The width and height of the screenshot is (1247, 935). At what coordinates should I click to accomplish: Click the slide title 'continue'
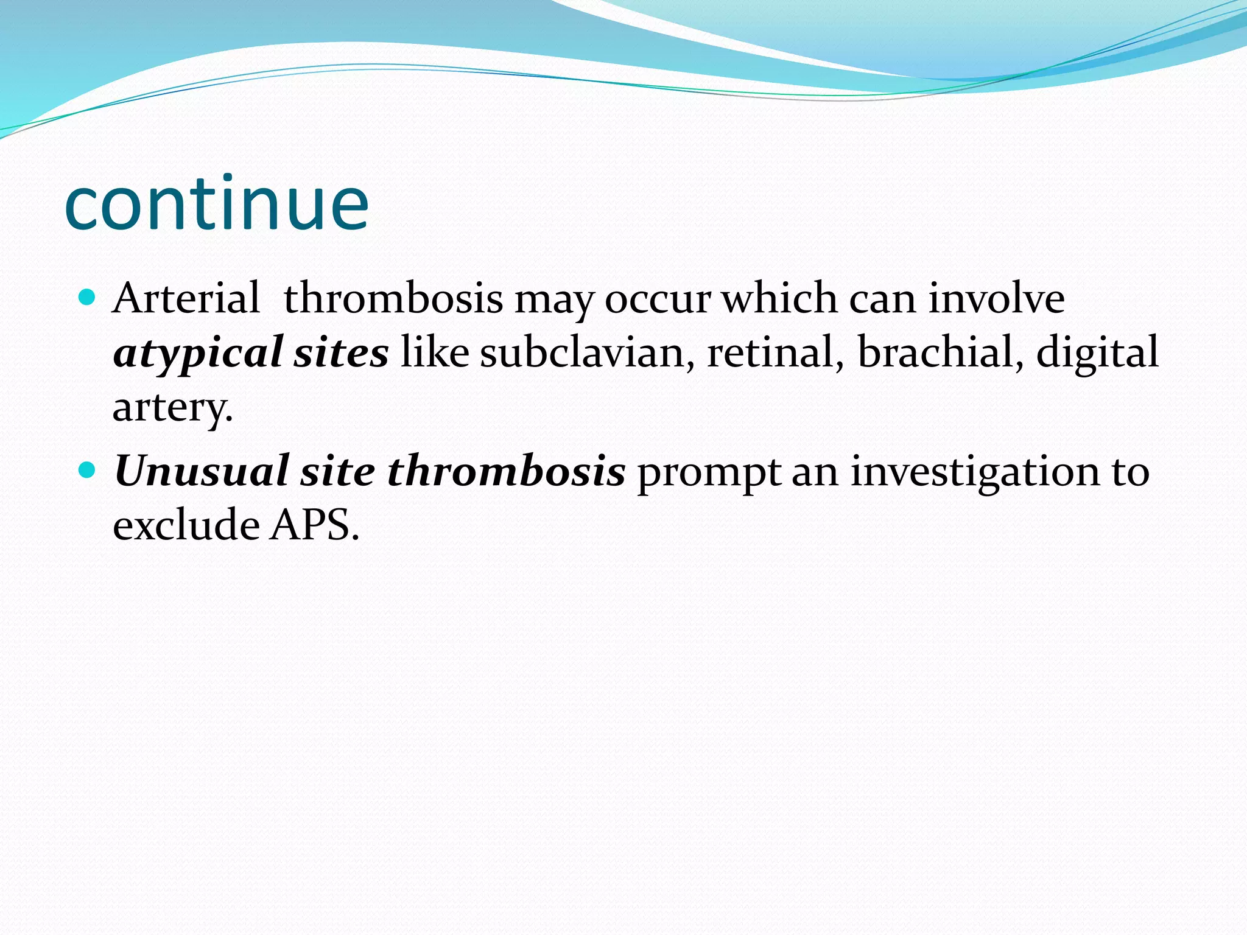point(216,204)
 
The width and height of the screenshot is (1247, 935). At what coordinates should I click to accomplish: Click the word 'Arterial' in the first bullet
point(186,298)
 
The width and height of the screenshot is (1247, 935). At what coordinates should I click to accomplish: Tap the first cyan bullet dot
point(88,298)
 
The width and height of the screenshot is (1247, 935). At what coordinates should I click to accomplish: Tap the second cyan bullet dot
point(88,471)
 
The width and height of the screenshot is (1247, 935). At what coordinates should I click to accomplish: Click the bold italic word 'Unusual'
point(201,471)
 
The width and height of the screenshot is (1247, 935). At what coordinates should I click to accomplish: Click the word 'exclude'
point(186,525)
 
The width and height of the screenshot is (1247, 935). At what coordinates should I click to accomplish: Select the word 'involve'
point(996,298)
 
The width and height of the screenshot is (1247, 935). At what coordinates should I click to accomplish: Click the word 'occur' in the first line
point(657,299)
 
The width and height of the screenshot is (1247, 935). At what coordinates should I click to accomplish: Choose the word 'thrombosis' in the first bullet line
point(393,298)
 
